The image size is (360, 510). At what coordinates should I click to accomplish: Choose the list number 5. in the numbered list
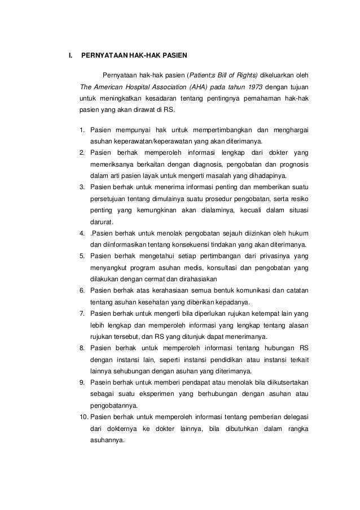point(82,256)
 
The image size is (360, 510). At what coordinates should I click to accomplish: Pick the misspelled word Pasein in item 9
point(100,383)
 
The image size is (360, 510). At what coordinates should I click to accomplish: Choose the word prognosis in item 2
point(292,163)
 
